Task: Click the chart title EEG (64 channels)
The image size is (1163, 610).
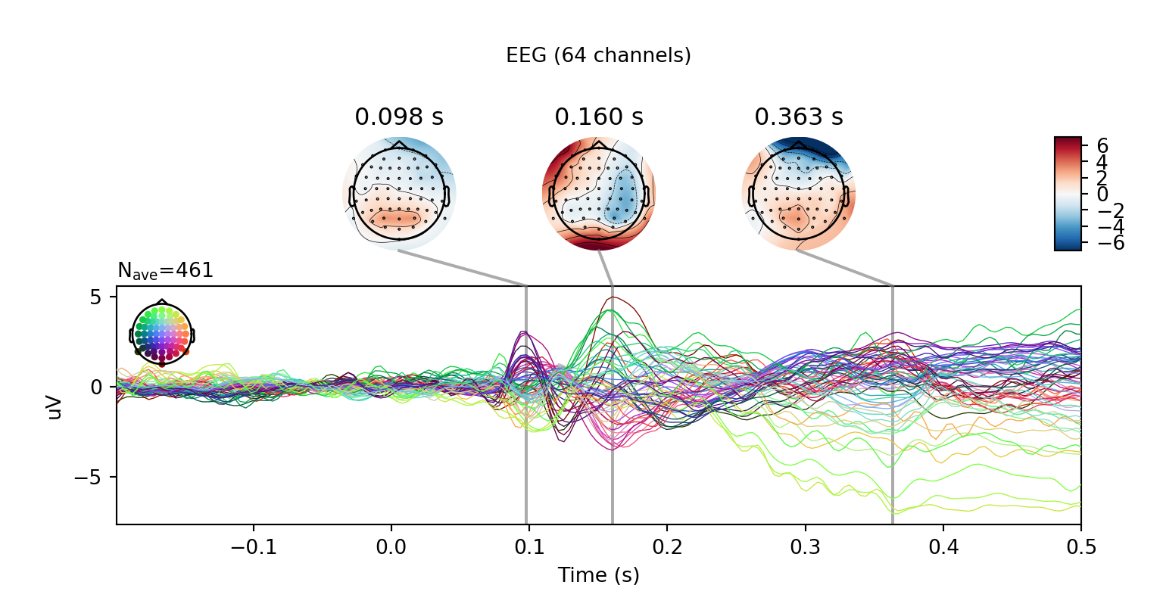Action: (x=598, y=55)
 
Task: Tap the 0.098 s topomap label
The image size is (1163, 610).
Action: (x=399, y=117)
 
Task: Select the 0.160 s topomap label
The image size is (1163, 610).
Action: (x=599, y=117)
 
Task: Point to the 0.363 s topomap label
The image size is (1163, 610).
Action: (x=799, y=117)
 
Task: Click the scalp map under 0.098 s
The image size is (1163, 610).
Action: (x=399, y=194)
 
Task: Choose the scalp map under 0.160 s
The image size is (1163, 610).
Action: (x=599, y=194)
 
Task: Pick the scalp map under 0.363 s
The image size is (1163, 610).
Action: (x=799, y=194)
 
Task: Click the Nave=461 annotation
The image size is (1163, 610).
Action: (x=165, y=271)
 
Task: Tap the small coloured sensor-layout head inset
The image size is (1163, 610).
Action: (x=162, y=333)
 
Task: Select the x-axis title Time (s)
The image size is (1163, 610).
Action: (x=598, y=576)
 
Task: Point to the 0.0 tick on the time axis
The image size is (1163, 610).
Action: (x=391, y=546)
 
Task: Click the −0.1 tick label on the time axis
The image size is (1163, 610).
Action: (x=252, y=546)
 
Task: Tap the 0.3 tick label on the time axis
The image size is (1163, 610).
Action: (x=805, y=546)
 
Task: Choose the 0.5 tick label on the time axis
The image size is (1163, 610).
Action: (x=1080, y=546)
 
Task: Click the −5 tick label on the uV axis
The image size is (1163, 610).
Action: (x=89, y=478)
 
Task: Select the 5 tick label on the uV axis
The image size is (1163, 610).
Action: (x=96, y=297)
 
